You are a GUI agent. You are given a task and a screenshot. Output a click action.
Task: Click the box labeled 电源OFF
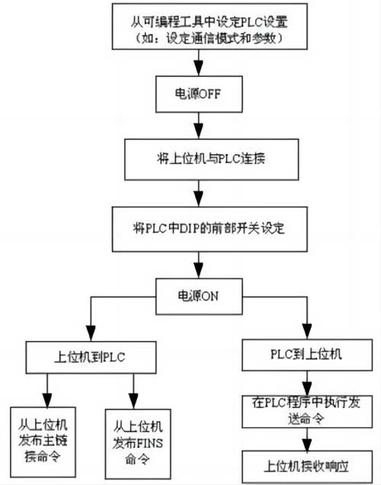[x=199, y=94]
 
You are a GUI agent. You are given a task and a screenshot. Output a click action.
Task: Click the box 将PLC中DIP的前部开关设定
[x=199, y=227]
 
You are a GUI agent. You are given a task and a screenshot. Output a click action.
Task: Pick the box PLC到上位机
[x=306, y=355]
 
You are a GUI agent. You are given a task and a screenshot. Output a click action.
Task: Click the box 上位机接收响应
[x=307, y=464]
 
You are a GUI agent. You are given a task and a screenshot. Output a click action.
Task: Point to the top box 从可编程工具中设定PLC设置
[x=199, y=26]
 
